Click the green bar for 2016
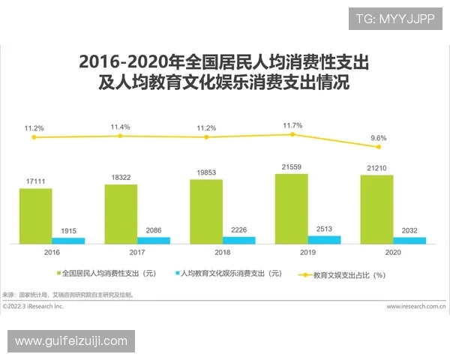36,216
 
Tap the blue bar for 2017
154,240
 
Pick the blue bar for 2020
409,240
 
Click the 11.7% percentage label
292,125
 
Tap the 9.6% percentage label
377,138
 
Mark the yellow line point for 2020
378,147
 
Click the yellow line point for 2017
121,136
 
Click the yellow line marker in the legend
305,274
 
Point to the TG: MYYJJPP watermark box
395,19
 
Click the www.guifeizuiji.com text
71,341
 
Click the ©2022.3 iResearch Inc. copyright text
33,306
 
